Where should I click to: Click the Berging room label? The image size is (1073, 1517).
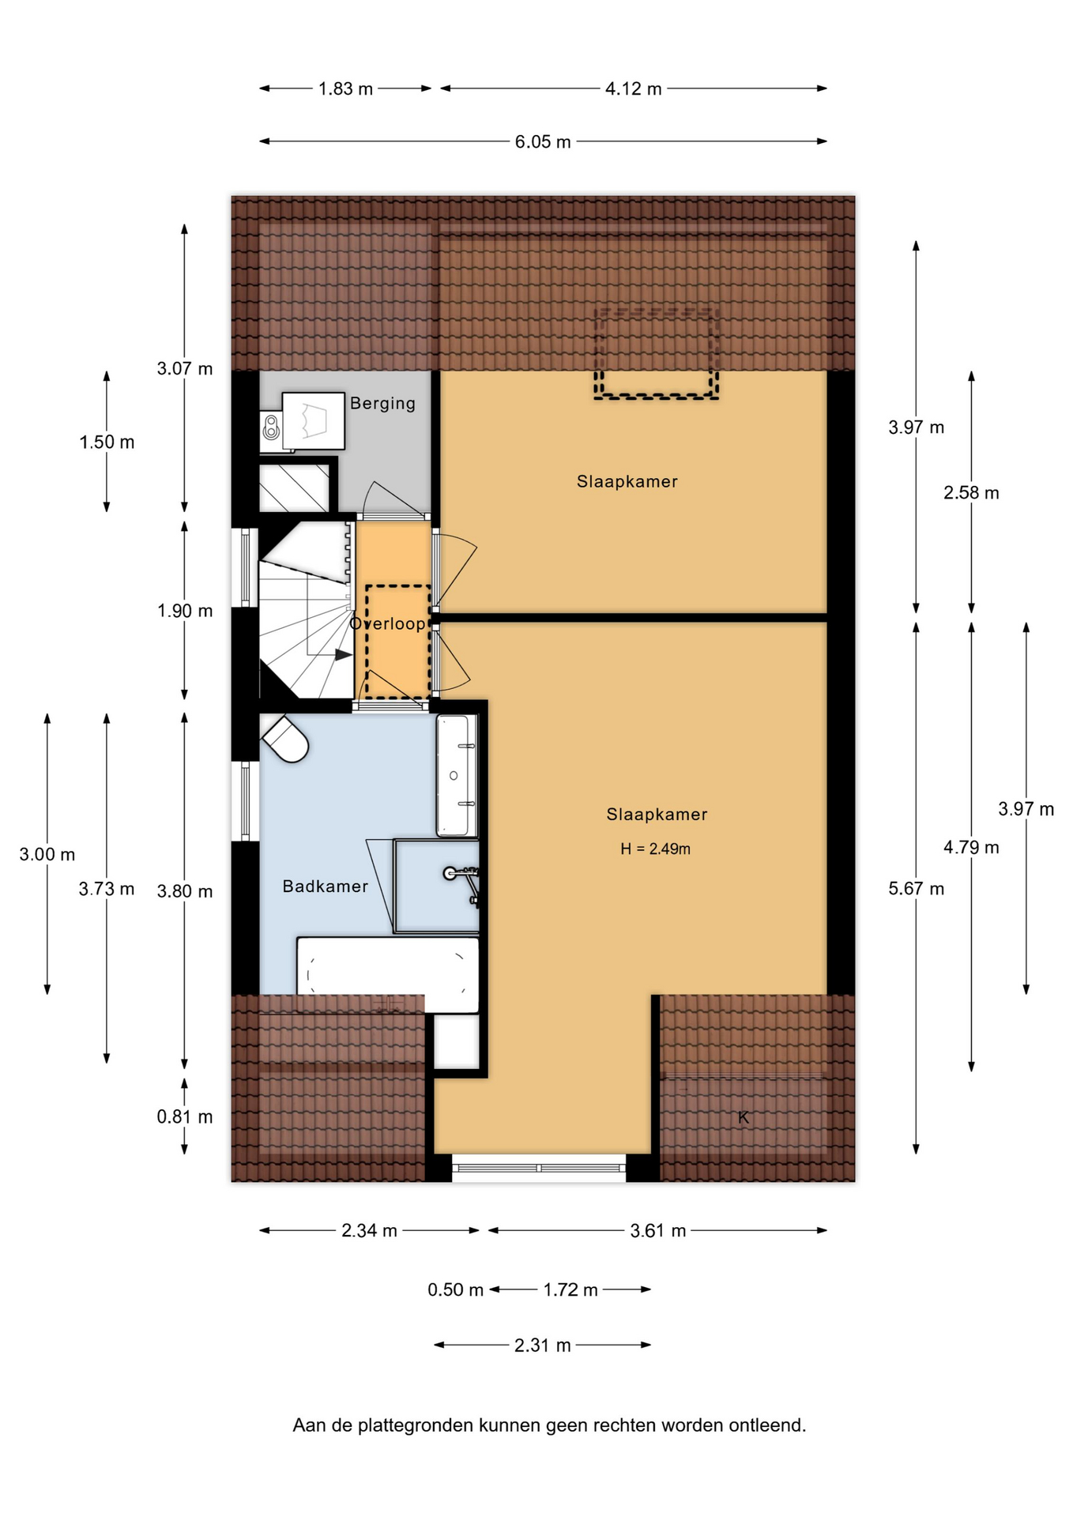(x=382, y=404)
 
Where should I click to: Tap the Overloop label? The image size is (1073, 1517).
(x=387, y=623)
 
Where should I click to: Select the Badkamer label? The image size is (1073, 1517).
(x=326, y=886)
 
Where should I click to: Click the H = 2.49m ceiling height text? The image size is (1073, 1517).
(x=655, y=849)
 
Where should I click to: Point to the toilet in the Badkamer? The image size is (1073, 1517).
(x=285, y=739)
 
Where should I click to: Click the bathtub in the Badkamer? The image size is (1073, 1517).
(x=388, y=974)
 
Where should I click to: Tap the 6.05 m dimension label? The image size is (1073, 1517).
(x=543, y=142)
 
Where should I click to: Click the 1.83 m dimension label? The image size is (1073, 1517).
(x=345, y=88)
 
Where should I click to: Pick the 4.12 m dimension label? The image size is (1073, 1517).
(x=633, y=88)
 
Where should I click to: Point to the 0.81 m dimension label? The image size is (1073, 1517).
(x=185, y=1116)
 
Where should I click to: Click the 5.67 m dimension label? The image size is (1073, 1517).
(x=916, y=889)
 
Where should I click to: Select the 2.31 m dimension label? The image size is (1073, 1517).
(x=542, y=1346)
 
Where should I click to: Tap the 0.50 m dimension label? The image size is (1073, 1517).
(x=455, y=1290)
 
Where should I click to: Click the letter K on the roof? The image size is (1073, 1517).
(x=743, y=1117)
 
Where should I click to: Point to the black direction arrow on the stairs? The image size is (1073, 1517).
(x=343, y=654)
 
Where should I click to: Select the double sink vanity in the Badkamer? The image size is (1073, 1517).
(x=457, y=776)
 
